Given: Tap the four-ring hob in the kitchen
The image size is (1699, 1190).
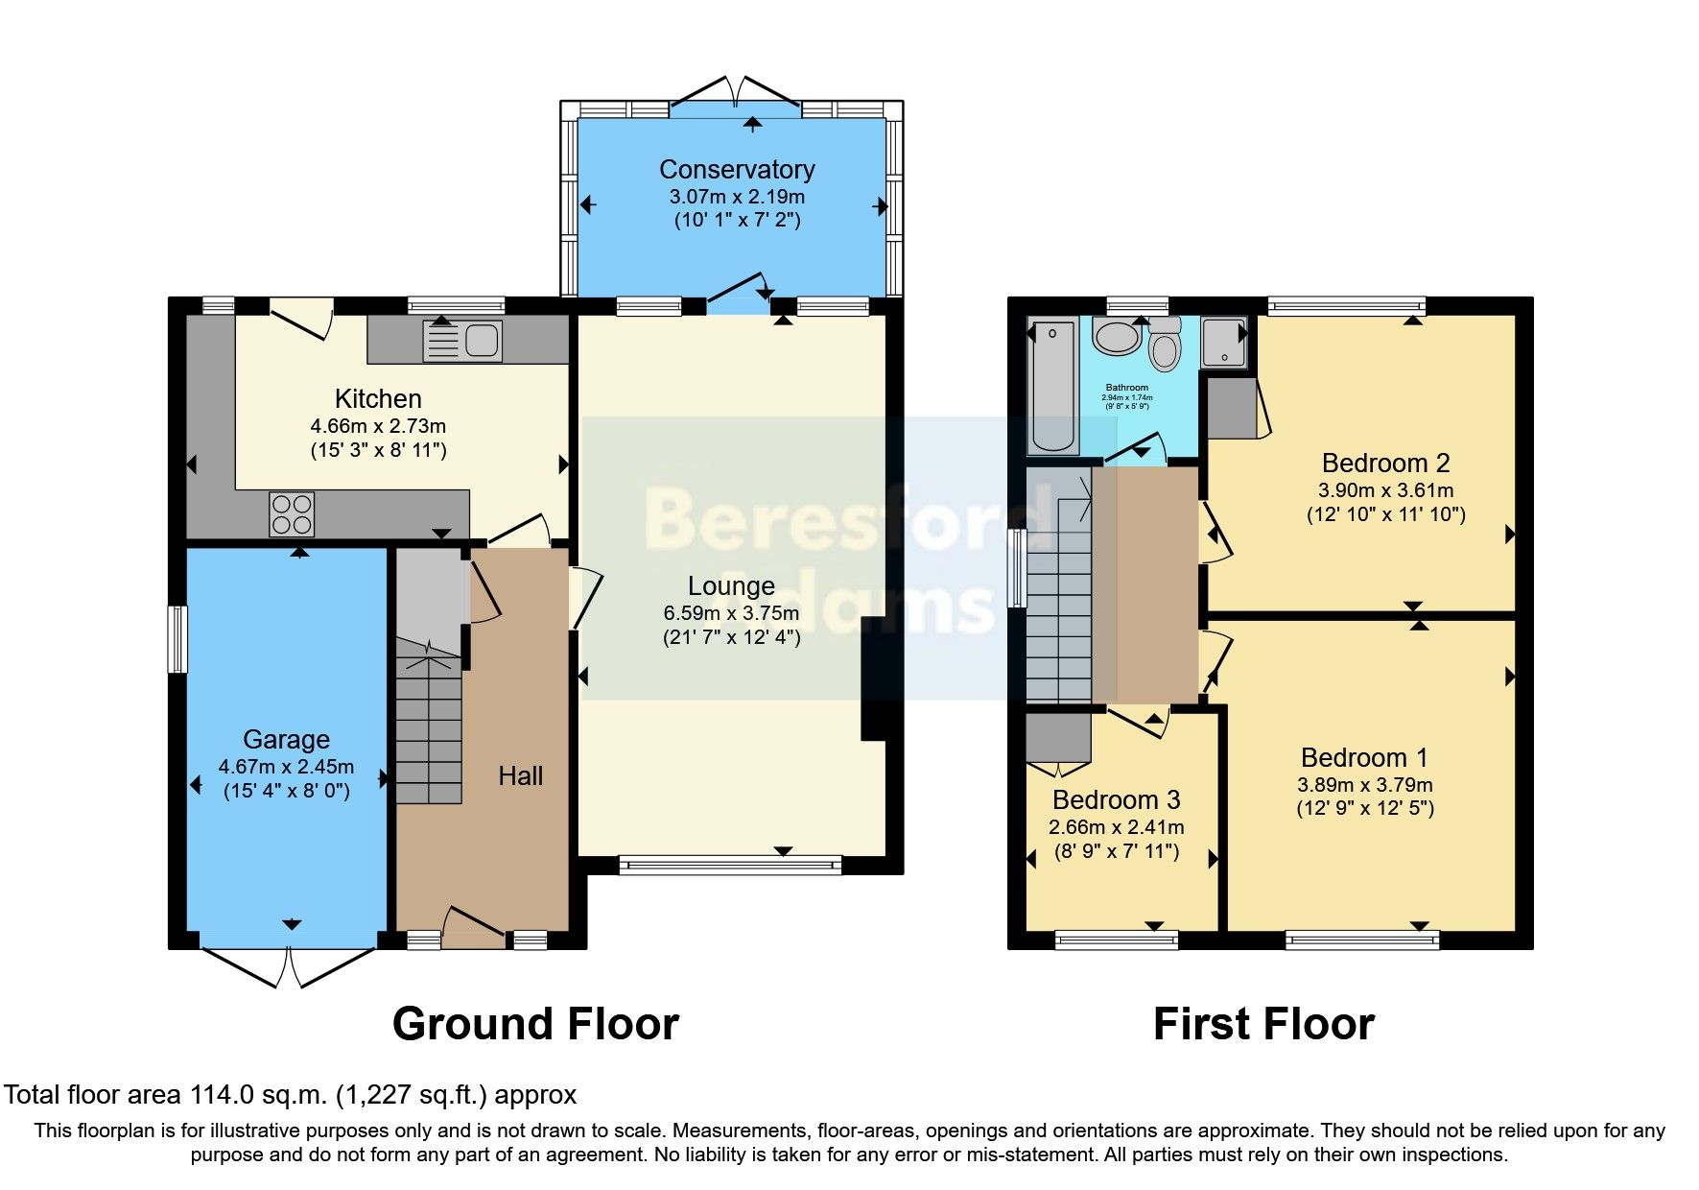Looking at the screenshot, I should tap(292, 513).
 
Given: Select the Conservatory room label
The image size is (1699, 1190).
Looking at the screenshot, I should tap(737, 170).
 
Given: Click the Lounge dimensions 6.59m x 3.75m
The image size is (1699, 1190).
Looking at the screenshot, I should tap(731, 613).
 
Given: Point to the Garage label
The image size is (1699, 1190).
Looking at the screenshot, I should tap(286, 739).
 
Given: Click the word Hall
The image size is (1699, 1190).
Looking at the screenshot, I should tap(521, 776).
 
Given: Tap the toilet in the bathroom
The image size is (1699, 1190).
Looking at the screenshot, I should tap(1165, 345).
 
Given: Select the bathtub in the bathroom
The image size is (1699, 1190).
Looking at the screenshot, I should tap(1052, 388).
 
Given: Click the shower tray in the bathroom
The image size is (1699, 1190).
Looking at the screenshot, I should tap(1224, 343).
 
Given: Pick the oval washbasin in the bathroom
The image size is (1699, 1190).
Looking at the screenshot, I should tap(1116, 338).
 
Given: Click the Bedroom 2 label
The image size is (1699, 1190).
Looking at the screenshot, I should tap(1385, 464).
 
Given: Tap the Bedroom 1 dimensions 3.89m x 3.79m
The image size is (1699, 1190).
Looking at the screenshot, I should tap(1364, 784).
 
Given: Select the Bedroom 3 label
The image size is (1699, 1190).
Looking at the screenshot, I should tap(1116, 800).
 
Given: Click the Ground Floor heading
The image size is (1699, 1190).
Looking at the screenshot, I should tap(535, 1024).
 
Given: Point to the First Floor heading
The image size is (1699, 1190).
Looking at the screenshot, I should tap(1263, 1024).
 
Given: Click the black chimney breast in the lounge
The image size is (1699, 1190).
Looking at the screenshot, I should tap(875, 678).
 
